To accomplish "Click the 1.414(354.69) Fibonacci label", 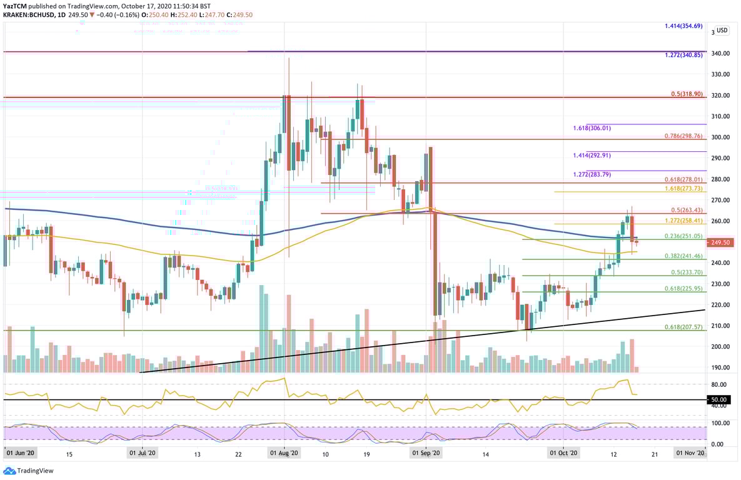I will point(683,26).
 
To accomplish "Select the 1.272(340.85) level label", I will point(683,55).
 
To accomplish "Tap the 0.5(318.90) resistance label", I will point(687,94).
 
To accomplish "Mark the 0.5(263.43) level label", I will point(687,210).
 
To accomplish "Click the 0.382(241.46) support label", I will point(683,256).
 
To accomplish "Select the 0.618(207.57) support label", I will point(683,327).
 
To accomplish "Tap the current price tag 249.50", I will point(721,242).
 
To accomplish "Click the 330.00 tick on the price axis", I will point(720,74).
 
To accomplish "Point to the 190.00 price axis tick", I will point(720,367).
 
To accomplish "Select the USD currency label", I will point(722,30).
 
